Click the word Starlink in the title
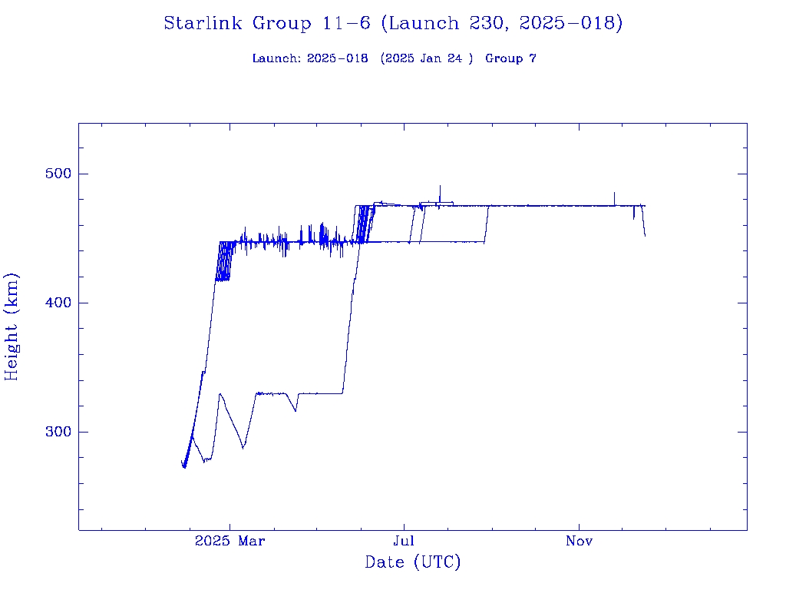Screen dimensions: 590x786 pyautogui.click(x=205, y=23)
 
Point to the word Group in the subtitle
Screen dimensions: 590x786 pyautogui.click(x=504, y=58)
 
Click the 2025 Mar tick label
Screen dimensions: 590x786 pyautogui.click(x=230, y=541)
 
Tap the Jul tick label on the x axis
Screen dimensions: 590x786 pyautogui.click(x=405, y=541)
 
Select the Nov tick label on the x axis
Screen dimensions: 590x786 pyautogui.click(x=579, y=541)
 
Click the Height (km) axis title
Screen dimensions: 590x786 pyautogui.click(x=12, y=326)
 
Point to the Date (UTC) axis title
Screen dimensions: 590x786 pyautogui.click(x=413, y=562)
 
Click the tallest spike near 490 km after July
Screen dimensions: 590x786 pyautogui.click(x=440, y=187)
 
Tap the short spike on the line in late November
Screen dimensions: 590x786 pyautogui.click(x=614, y=194)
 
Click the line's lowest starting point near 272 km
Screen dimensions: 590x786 pyautogui.click(x=184, y=466)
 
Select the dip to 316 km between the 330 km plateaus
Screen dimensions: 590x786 pyautogui.click(x=296, y=410)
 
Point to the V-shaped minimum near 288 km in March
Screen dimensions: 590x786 pyautogui.click(x=243, y=447)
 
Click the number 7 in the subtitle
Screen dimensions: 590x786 pyautogui.click(x=532, y=58)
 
